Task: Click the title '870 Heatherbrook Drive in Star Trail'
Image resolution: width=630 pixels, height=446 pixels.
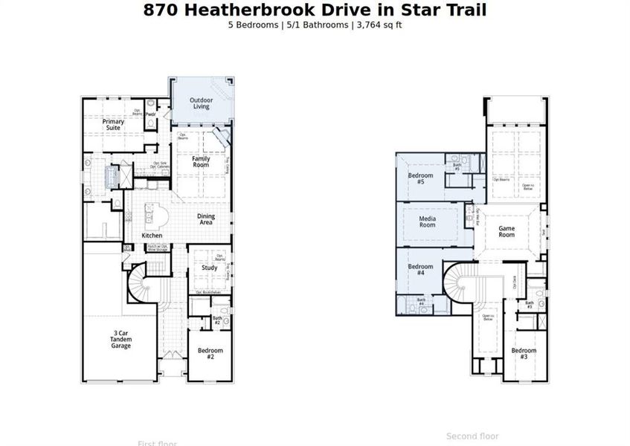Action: pos(315,10)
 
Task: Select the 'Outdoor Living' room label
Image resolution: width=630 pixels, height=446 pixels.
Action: pos(201,103)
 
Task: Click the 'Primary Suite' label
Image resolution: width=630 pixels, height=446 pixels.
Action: pos(113,124)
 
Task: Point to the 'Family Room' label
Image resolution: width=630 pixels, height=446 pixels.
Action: pos(201,162)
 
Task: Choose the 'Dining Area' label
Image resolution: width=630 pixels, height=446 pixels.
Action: pos(206,219)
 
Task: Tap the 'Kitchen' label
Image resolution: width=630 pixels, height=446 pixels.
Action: pos(152,236)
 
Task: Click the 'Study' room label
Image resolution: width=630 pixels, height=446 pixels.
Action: pos(209,268)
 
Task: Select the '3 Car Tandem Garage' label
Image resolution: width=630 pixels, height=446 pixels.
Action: pos(120,340)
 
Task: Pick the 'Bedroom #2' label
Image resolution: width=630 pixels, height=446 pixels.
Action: pos(210,353)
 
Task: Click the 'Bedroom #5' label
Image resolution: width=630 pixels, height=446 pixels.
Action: pos(420,178)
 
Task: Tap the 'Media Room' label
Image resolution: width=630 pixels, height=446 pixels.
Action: pos(427,221)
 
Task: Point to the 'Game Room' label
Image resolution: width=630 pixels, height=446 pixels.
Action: pos(507,231)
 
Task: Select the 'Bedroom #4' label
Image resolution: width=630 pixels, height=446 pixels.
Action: pos(420,270)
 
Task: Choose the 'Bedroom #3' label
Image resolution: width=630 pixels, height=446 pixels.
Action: pos(524,353)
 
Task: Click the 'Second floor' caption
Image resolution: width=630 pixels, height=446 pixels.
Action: pos(472,436)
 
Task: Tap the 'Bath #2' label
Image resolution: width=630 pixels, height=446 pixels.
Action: pos(217,320)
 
